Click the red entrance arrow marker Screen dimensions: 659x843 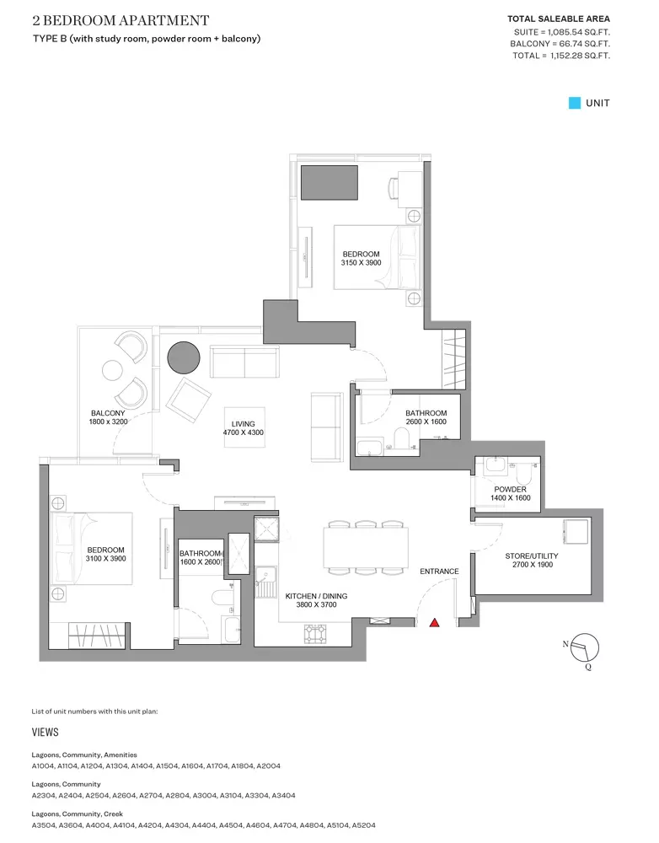coord(434,623)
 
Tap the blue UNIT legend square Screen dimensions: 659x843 coord(575,103)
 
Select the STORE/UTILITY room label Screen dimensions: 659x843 coord(532,556)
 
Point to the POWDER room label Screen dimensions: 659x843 coord(510,489)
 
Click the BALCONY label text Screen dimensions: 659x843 coord(108,413)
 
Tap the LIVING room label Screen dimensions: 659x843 coord(243,424)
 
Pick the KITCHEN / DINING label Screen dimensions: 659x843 coord(316,596)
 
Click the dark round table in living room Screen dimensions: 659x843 coord(184,357)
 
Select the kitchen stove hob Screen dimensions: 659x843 coord(315,633)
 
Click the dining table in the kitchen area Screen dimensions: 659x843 coord(366,547)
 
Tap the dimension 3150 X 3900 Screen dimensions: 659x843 coord(362,263)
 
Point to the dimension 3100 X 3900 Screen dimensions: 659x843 coord(106,559)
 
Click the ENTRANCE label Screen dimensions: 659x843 coord(439,572)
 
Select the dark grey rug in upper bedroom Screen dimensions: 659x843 coord(329,183)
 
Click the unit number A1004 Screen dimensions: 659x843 coord(43,765)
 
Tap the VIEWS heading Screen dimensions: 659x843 coord(46,733)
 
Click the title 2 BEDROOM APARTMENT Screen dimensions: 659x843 coord(121,20)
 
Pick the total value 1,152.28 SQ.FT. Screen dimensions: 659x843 coord(580,56)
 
